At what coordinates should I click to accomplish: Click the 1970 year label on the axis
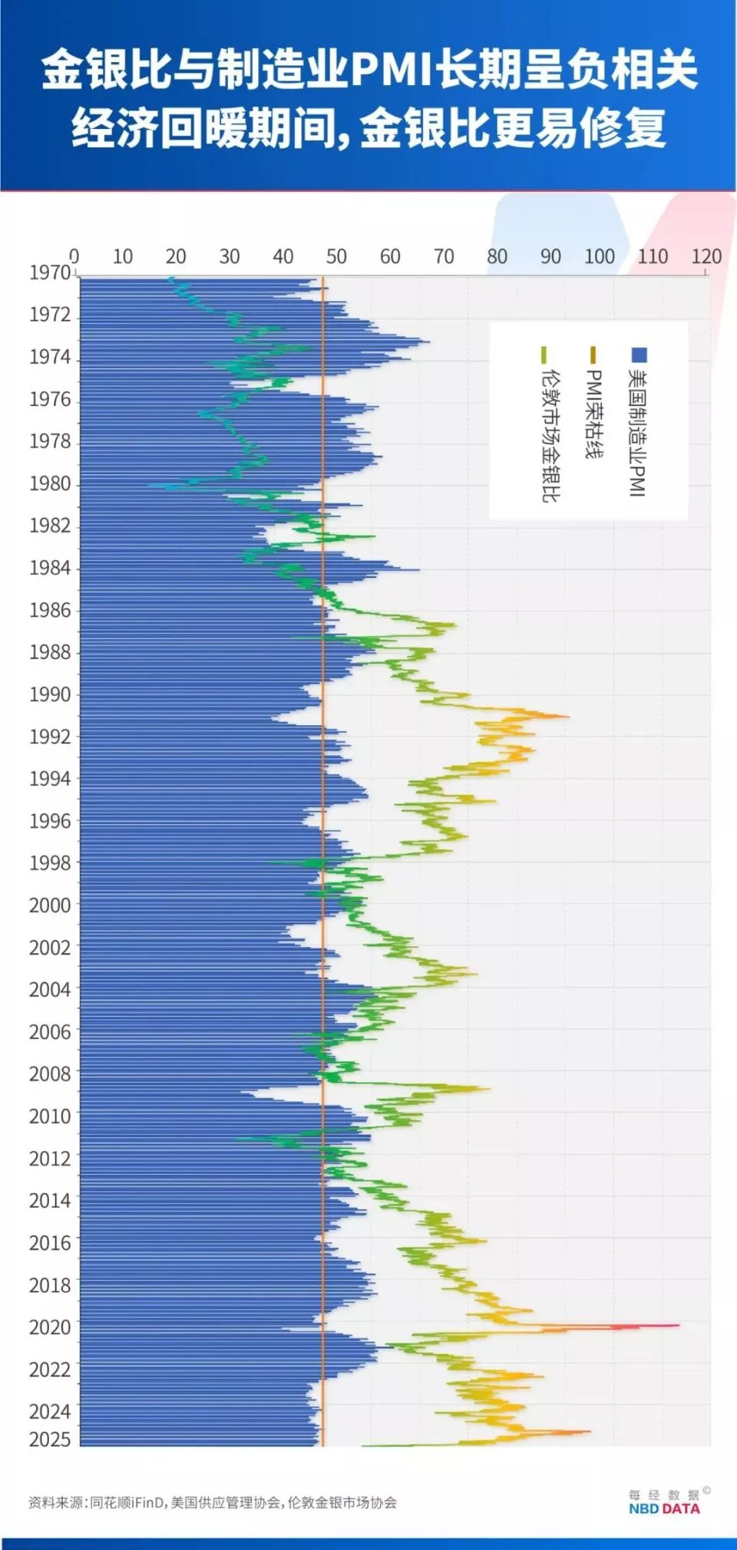coord(50,272)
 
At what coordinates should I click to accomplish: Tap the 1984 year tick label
coord(50,568)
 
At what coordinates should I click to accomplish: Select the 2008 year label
coord(50,1073)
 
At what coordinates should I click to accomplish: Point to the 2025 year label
coord(50,1440)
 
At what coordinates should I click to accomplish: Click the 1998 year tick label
coord(50,862)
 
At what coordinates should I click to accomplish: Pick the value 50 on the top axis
coord(336,256)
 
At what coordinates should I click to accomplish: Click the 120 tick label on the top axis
coord(706,256)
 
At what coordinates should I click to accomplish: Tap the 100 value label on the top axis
coord(599,256)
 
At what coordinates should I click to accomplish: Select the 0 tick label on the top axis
coord(74,256)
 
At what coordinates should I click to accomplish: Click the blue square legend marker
coord(639,355)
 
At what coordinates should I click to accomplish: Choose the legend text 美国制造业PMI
coord(638,433)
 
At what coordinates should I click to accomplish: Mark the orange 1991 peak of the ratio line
coord(567,717)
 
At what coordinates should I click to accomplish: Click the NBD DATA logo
coord(664,1509)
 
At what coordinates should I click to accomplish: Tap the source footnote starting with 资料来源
coord(213,1502)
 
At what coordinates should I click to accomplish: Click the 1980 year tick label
coord(50,483)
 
